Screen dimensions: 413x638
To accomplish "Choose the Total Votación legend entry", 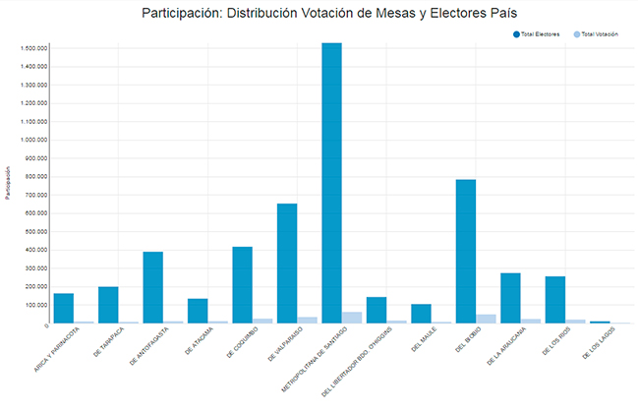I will click(x=599, y=34).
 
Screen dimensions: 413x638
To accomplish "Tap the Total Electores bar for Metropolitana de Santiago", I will click(x=331, y=183).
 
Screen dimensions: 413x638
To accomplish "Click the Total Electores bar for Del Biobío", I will click(x=465, y=251).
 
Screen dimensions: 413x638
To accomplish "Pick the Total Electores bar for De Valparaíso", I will click(x=287, y=263).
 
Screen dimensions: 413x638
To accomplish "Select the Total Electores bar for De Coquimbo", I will click(x=242, y=284).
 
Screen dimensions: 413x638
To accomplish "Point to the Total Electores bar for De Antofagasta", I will click(x=152, y=287).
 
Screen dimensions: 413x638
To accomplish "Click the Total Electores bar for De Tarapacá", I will click(x=108, y=305).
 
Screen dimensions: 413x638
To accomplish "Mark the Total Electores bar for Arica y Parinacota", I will click(x=64, y=308).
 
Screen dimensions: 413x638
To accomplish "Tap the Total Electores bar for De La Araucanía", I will click(x=510, y=298).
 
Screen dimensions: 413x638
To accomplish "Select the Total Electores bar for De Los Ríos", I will click(x=555, y=299).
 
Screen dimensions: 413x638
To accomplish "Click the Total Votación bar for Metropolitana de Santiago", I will click(x=352, y=318).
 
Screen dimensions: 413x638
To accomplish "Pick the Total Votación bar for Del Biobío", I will click(x=486, y=319).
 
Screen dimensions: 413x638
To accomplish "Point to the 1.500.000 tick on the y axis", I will click(x=33, y=48).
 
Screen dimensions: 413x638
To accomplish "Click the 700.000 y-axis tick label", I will click(x=35, y=195).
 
